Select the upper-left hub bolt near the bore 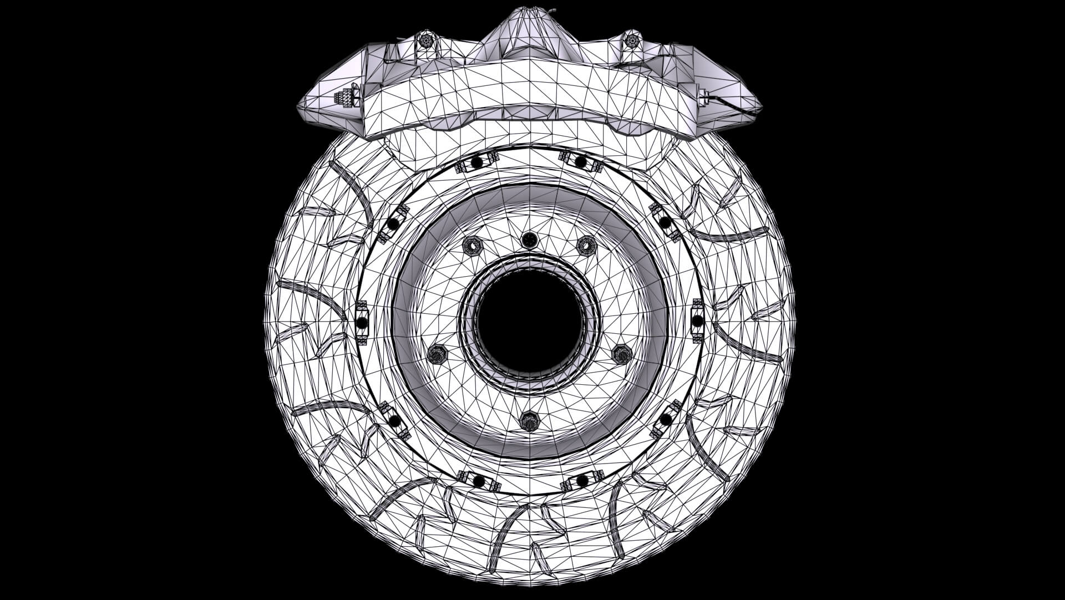[x=471, y=245]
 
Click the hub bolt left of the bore [x=438, y=354]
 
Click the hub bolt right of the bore [x=621, y=354]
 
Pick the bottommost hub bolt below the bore [x=530, y=421]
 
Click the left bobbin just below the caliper [x=476, y=162]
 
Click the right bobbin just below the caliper [x=580, y=161]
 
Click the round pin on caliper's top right [x=631, y=40]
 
